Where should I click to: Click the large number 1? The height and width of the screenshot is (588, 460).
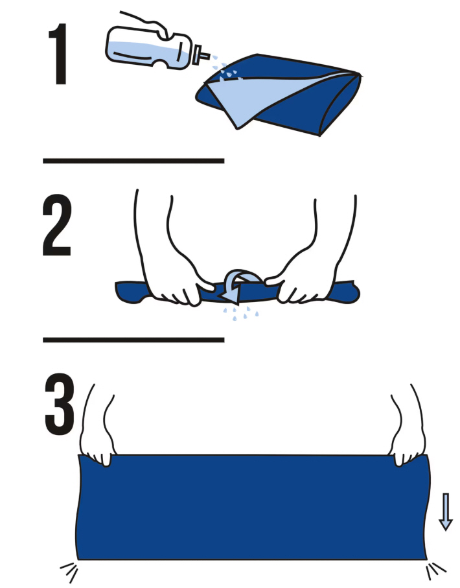coord(58,54)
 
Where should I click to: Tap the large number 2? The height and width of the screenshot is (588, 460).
coord(56,225)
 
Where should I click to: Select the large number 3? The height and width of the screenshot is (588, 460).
coord(59,404)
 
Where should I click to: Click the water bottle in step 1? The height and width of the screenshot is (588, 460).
coord(153,49)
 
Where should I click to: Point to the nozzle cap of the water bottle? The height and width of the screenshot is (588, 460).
coord(201,55)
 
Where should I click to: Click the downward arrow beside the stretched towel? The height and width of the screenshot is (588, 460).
coord(445,512)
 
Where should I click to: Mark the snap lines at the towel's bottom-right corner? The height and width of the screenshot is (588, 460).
coord(435,570)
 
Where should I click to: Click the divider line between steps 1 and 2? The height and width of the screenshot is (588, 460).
coord(133,161)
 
